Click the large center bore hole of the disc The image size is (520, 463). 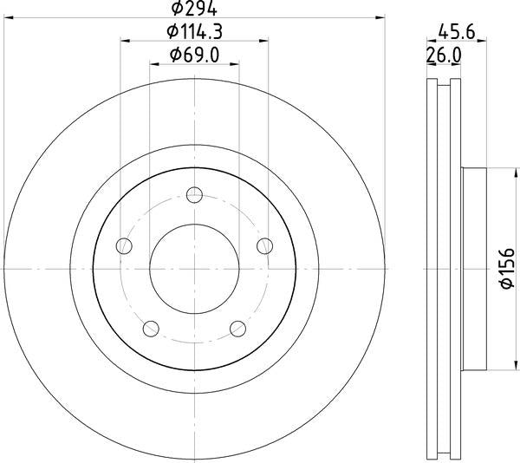click(194, 268)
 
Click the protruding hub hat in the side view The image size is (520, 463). click(476, 268)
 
